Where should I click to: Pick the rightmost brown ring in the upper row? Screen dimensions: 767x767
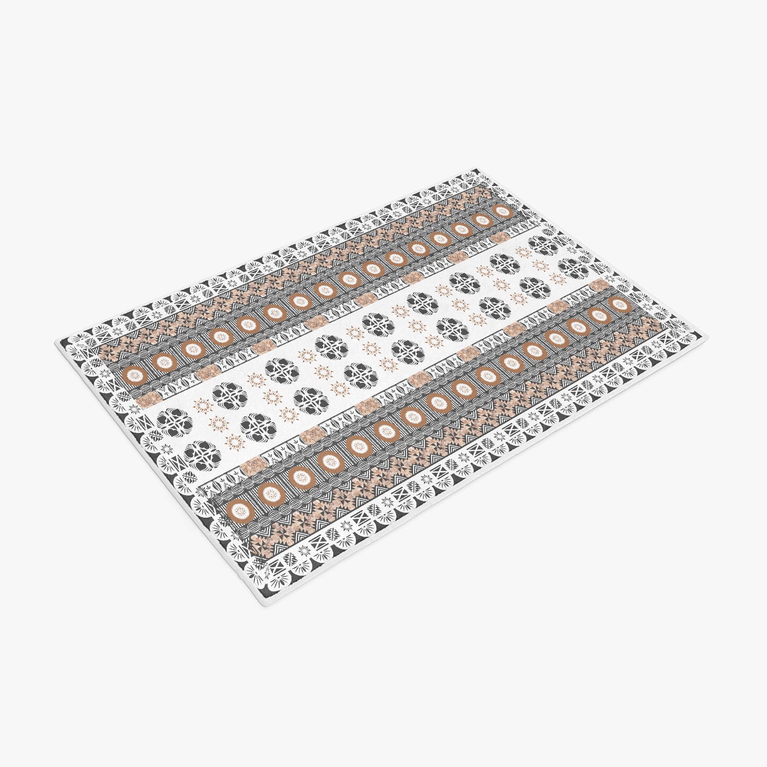500,210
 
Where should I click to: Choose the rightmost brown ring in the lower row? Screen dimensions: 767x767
619,305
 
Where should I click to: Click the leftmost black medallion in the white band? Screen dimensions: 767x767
169,425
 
